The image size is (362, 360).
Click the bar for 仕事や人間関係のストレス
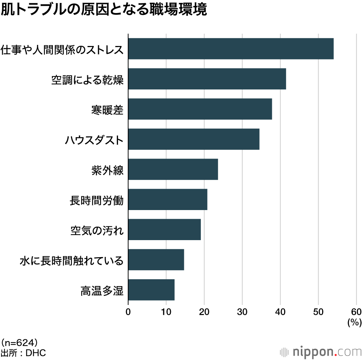pyautogui.click(x=231, y=49)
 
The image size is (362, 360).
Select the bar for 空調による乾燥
pyautogui.click(x=207, y=79)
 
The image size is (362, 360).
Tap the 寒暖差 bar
pyautogui.click(x=200, y=109)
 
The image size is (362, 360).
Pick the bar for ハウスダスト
pyautogui.click(x=194, y=139)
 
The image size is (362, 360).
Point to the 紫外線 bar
pyautogui.click(x=173, y=169)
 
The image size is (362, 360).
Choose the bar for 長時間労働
pyautogui.click(x=168, y=199)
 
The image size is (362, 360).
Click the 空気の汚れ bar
pyautogui.click(x=164, y=229)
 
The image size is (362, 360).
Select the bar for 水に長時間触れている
pyautogui.click(x=156, y=259)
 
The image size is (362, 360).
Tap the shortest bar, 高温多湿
pyautogui.click(x=151, y=289)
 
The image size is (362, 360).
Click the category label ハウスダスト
pyautogui.click(x=94, y=139)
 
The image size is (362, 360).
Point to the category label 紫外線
pyautogui.click(x=108, y=169)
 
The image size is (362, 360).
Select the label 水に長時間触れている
pyautogui.click(x=72, y=260)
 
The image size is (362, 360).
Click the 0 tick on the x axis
pyautogui.click(x=128, y=312)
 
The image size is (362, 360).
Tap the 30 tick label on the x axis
pyautogui.click(x=242, y=312)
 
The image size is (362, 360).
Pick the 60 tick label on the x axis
pyautogui.click(x=356, y=312)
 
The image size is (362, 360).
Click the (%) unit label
pyautogui.click(x=354, y=322)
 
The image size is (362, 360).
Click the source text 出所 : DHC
pyautogui.click(x=23, y=352)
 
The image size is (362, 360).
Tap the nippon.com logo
pyautogui.click(x=321, y=351)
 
